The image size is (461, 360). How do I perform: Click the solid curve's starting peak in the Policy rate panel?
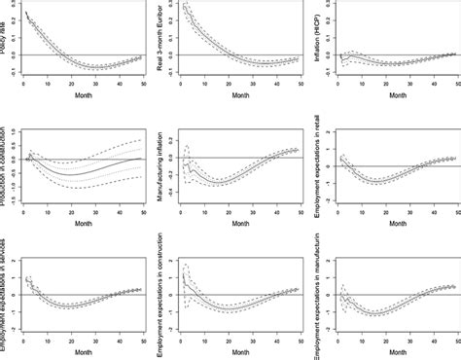26,13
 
